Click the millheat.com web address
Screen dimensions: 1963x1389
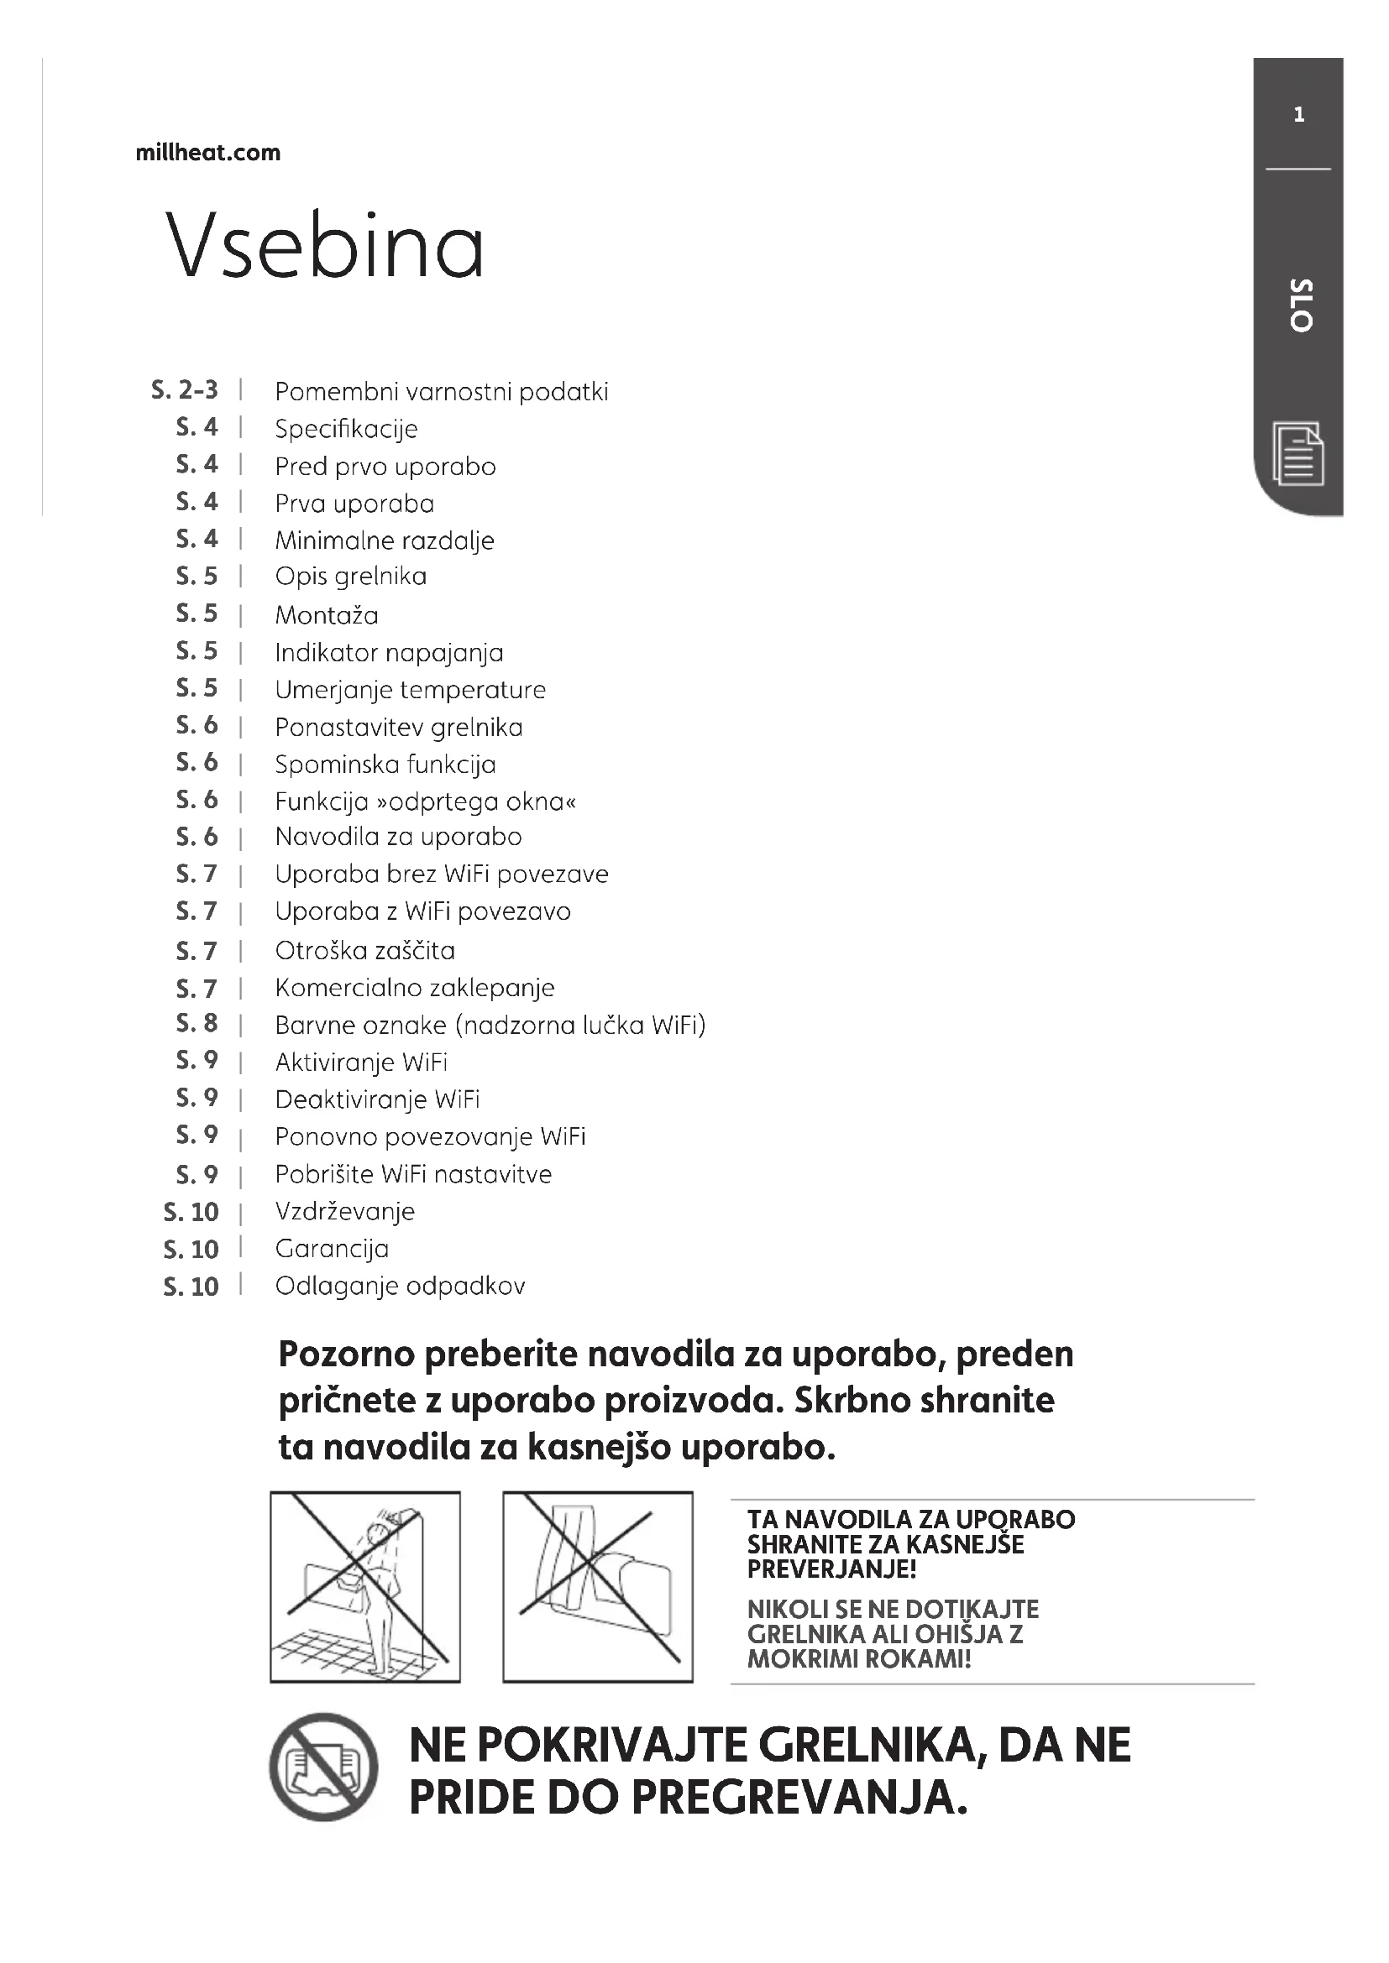(207, 153)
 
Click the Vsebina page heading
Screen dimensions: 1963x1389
(325, 245)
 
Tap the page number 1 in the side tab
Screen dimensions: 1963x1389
(1299, 115)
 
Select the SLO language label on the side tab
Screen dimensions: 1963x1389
(1300, 305)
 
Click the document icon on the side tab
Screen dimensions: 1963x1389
(1298, 453)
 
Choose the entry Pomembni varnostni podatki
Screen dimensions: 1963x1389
(442, 392)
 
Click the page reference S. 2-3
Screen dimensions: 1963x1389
(185, 391)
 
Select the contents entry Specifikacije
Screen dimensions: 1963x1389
(346, 428)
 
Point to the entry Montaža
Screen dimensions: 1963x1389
(327, 614)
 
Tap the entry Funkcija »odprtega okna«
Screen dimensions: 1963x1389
(426, 801)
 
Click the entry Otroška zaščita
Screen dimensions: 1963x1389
(365, 950)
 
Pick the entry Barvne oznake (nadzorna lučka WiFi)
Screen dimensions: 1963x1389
(490, 1024)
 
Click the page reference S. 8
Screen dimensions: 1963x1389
(197, 1023)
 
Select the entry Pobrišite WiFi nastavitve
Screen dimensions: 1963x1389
(413, 1174)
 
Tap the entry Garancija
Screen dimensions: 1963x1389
(332, 1248)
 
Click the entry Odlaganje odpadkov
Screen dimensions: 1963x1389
(401, 1286)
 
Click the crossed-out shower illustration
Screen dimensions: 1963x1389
(365, 1587)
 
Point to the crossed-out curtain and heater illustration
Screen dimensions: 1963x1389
(598, 1587)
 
